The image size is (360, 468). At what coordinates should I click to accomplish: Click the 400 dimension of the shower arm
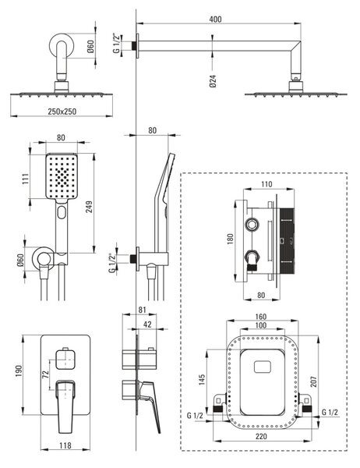(x=215, y=19)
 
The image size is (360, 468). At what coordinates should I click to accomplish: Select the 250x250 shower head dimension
(x=62, y=112)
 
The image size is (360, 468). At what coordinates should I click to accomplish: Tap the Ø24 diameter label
(x=213, y=81)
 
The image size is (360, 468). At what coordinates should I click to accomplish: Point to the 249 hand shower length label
(x=89, y=207)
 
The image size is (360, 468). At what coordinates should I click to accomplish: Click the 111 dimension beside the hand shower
(x=26, y=179)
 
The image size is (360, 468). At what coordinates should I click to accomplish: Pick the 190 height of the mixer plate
(x=19, y=370)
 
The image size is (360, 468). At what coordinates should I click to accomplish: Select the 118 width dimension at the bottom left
(x=65, y=445)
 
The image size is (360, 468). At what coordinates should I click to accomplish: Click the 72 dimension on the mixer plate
(x=45, y=375)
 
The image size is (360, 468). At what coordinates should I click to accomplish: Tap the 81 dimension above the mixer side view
(x=142, y=310)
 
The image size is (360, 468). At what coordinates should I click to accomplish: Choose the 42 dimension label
(x=147, y=324)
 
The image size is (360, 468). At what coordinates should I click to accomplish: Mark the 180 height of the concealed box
(x=230, y=239)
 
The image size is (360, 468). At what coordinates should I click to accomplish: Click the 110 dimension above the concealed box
(x=266, y=184)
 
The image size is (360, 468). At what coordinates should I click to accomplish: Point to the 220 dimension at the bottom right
(x=261, y=436)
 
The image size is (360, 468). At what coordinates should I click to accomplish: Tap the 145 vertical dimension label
(x=202, y=380)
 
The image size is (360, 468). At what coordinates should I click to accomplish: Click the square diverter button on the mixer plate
(x=65, y=359)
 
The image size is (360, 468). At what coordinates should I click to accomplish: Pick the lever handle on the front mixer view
(x=65, y=406)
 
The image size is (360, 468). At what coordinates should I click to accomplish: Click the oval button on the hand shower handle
(x=62, y=212)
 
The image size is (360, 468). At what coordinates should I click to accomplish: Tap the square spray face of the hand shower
(x=62, y=176)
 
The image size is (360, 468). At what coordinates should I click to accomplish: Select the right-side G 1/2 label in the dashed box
(x=330, y=413)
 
